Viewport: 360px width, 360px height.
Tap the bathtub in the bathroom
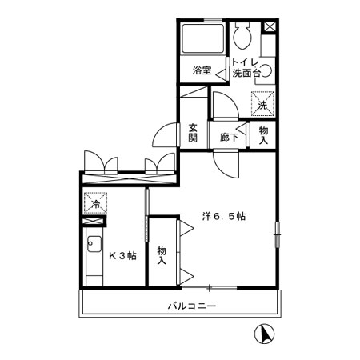[x=202, y=41]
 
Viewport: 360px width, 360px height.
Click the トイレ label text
[x=244, y=61]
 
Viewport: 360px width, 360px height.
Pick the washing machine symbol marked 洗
[x=262, y=102]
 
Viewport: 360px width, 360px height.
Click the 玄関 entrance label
[x=194, y=132]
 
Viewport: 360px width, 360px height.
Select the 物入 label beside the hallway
[x=264, y=133]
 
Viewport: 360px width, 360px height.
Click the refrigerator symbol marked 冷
[x=94, y=204]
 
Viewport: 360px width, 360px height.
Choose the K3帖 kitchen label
[x=122, y=256]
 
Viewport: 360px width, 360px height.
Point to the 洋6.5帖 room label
[x=223, y=216]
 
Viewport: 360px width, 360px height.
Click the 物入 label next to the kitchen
[x=161, y=255]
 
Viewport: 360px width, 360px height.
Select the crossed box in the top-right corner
[x=270, y=26]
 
